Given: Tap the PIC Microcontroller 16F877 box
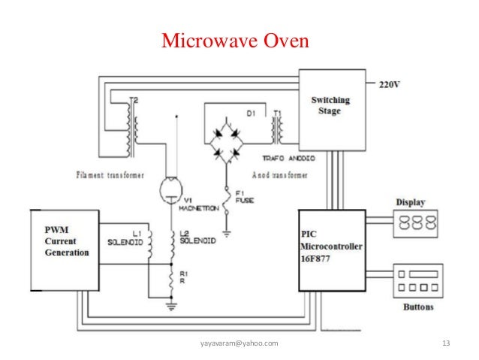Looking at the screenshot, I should (331, 250).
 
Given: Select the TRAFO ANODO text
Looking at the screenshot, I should (289, 159).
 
